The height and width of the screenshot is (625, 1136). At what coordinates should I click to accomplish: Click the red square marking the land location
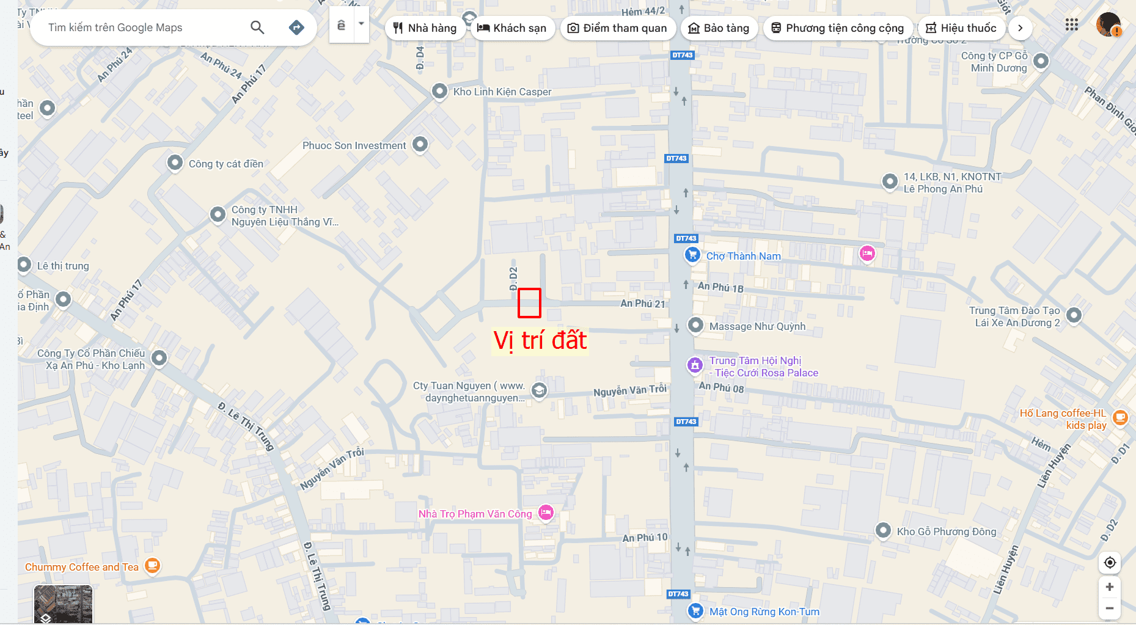[x=529, y=303]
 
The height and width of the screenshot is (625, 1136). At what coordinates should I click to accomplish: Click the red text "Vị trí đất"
[x=540, y=340]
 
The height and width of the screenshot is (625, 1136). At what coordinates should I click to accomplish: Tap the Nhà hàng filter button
[x=425, y=28]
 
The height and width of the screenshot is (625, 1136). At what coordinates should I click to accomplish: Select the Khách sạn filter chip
[x=511, y=28]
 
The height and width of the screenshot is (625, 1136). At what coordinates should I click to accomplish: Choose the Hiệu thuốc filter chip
[x=961, y=28]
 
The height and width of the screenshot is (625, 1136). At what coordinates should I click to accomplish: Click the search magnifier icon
[x=257, y=27]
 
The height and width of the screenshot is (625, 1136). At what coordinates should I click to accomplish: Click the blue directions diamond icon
[x=296, y=27]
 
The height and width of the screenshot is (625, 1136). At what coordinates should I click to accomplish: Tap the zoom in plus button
[x=1110, y=587]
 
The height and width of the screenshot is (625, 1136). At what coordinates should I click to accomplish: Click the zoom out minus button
[x=1110, y=608]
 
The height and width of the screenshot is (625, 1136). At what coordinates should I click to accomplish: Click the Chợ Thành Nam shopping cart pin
[x=692, y=255]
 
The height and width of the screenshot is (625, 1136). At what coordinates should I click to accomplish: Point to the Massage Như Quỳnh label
[x=757, y=326]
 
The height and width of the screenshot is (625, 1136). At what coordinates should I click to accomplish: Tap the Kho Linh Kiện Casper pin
[x=439, y=91]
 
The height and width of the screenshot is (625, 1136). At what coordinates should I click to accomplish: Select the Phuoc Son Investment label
[x=354, y=145]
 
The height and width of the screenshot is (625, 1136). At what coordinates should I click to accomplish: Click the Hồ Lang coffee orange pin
[x=1120, y=417]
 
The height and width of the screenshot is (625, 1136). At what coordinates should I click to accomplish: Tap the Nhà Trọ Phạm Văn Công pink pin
[x=546, y=513]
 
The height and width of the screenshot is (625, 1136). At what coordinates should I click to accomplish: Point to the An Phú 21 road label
[x=642, y=304]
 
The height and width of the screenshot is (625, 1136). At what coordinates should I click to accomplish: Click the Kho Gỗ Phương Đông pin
[x=883, y=530]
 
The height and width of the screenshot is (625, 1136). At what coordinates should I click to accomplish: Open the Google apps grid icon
[x=1071, y=24]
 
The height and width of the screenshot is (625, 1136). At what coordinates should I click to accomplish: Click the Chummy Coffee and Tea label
[x=82, y=567]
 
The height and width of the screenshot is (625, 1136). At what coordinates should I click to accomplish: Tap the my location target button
[x=1110, y=563]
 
